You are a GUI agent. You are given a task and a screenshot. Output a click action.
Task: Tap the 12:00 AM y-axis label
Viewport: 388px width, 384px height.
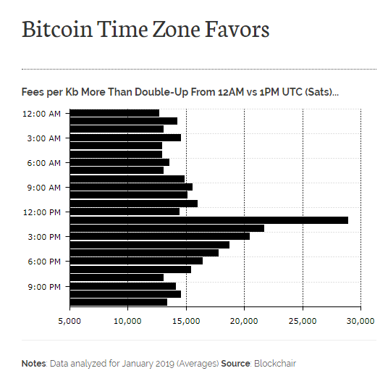point(42,113)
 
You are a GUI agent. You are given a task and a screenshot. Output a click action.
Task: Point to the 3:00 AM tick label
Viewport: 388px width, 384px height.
point(44,138)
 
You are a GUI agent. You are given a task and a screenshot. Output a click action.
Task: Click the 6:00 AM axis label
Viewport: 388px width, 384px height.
point(44,163)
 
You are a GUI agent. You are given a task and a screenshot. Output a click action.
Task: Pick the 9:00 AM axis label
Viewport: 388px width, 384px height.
point(44,188)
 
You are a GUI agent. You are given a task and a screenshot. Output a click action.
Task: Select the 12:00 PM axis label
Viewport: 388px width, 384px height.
point(42,212)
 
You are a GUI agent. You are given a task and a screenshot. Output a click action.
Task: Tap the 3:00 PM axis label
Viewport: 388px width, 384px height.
point(44,237)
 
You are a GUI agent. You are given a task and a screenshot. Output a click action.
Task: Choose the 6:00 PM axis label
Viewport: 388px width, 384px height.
point(44,262)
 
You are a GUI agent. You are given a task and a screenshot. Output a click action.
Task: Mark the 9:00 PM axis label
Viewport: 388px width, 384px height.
point(44,286)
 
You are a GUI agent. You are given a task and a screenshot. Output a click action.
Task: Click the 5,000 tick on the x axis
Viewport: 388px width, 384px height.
point(70,320)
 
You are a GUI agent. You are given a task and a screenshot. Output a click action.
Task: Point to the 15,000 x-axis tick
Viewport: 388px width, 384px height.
point(186,320)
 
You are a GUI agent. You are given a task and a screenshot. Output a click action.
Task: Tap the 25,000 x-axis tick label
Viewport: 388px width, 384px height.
point(303,320)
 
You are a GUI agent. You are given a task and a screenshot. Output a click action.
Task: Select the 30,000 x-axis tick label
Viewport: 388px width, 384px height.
point(360,320)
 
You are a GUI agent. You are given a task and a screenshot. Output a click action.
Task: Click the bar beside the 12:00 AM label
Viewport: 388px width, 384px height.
point(114,113)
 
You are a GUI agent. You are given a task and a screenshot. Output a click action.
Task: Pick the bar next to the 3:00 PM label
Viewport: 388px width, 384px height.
point(159,236)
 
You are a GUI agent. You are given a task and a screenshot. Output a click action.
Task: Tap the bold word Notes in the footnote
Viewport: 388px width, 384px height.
point(33,363)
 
